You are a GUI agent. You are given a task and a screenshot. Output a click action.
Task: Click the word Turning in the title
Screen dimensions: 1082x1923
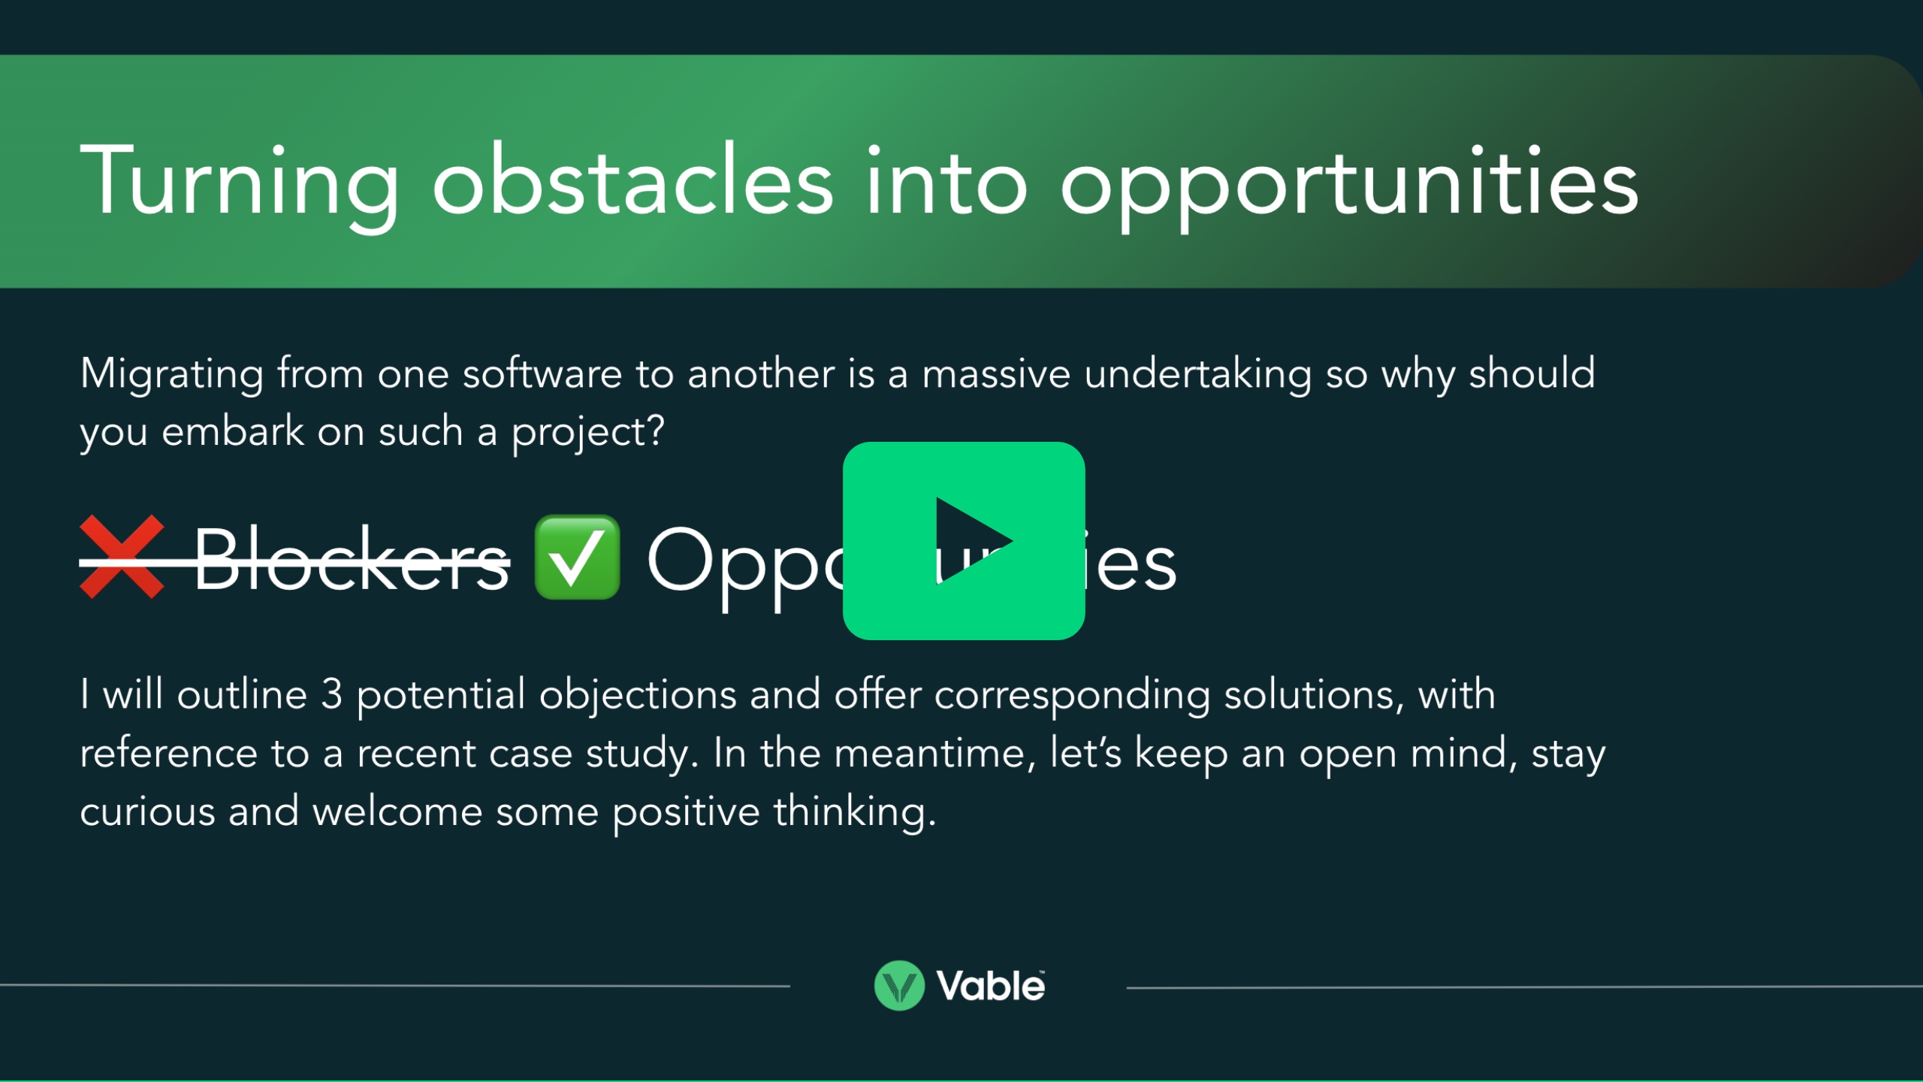(239, 183)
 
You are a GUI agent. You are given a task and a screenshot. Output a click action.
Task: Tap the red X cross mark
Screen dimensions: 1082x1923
(122, 557)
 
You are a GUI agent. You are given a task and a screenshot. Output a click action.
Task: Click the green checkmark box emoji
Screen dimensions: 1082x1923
(577, 557)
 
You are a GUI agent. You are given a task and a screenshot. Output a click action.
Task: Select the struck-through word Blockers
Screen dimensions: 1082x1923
(352, 560)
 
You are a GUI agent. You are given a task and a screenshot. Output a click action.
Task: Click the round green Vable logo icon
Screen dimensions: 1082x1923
(899, 985)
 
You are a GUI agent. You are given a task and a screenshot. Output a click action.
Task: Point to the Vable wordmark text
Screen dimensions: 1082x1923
(990, 986)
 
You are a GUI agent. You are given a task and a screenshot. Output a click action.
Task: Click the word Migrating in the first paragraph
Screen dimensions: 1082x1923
(171, 374)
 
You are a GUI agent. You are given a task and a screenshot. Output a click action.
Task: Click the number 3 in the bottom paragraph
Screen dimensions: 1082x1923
(331, 694)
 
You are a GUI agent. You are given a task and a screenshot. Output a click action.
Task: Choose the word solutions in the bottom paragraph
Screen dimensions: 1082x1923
(1313, 694)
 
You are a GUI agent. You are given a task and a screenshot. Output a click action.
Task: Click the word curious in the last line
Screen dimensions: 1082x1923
(147, 812)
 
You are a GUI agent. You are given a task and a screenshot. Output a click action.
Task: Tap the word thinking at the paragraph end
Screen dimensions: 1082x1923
(854, 813)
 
